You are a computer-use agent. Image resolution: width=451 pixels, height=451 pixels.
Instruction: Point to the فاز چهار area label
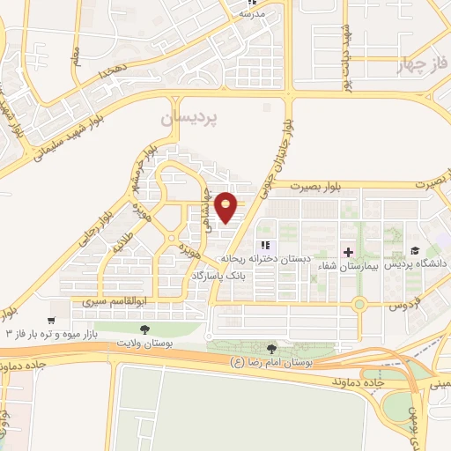[421, 65]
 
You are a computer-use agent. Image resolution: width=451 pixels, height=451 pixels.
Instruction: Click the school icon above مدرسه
[252, 3]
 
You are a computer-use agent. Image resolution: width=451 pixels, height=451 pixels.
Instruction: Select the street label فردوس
[401, 306]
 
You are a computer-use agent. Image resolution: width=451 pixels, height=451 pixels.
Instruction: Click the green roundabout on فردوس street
[359, 306]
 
